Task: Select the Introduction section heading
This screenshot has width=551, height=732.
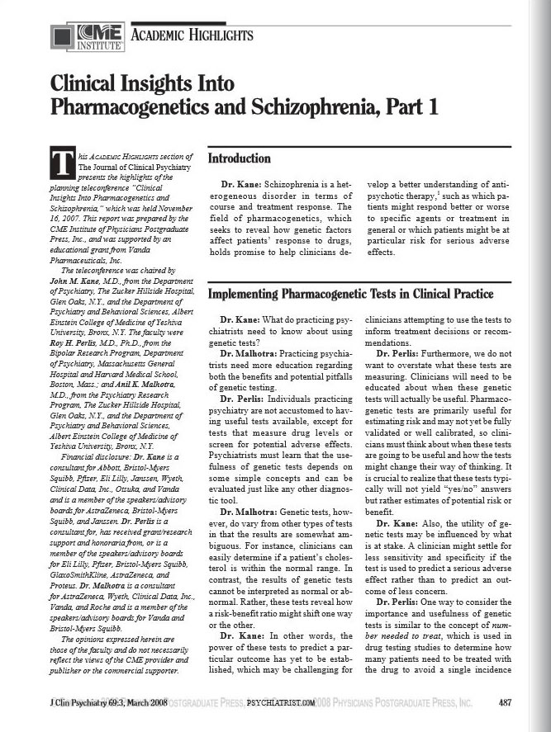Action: point(240,158)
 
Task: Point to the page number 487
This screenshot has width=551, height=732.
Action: point(508,701)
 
